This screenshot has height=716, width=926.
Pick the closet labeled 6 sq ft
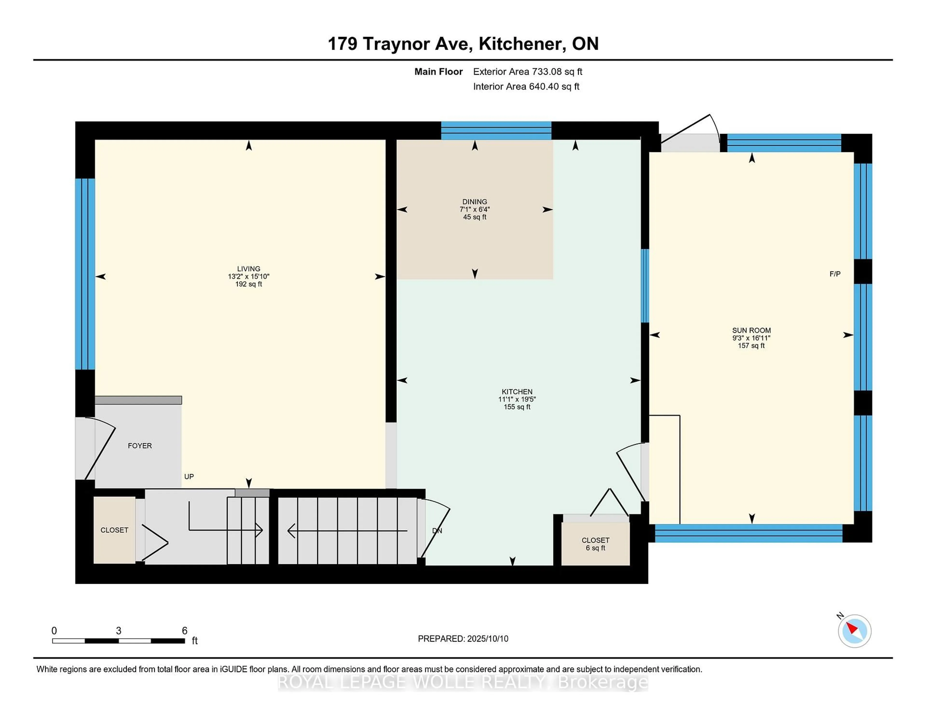pos(595,544)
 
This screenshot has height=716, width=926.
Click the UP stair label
pos(189,477)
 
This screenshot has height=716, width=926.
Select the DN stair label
pos(437,531)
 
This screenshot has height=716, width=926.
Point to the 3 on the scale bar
pos(118,631)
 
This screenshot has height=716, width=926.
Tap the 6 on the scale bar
pos(184,631)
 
